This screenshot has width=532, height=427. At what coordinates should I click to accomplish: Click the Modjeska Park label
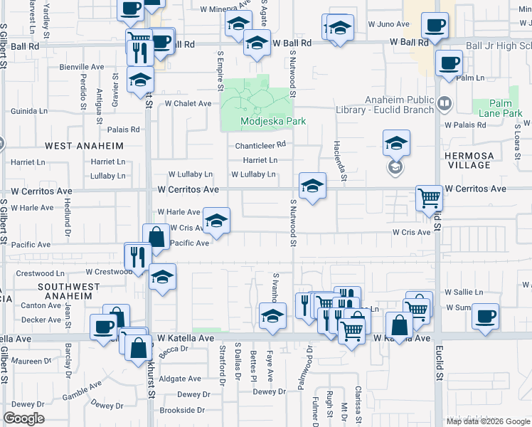pyautogui.click(x=273, y=121)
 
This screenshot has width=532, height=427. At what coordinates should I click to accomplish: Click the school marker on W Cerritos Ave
pyautogui.click(x=312, y=186)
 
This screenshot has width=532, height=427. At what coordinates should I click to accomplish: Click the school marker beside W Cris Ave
pyautogui.click(x=216, y=221)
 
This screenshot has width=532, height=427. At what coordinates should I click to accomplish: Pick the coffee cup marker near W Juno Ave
pyautogui.click(x=435, y=26)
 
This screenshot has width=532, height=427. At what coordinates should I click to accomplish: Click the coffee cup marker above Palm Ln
pyautogui.click(x=448, y=63)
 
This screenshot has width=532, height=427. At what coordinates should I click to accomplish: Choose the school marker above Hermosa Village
pyautogui.click(x=396, y=143)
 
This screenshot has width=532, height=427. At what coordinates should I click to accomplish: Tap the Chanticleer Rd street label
pyautogui.click(x=261, y=144)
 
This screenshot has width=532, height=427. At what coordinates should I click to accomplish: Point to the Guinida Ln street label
pyautogui.click(x=29, y=111)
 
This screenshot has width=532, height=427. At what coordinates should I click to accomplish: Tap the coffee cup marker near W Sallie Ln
pyautogui.click(x=485, y=315)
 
